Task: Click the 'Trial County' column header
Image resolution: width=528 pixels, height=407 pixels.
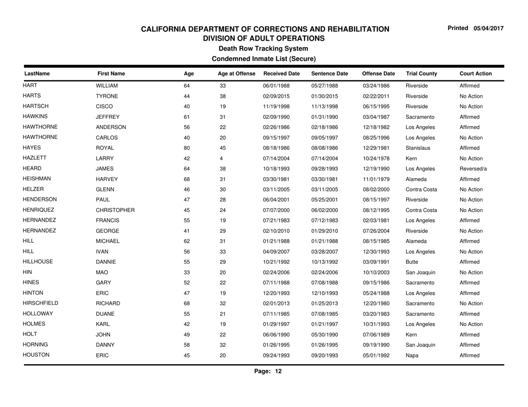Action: click(x=418, y=72)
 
